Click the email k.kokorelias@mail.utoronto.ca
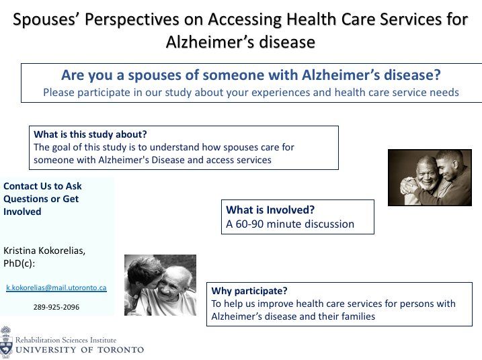tap(56, 287)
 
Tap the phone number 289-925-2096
tap(56, 307)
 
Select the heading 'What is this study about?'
tap(90, 134)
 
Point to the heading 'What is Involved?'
tap(270, 210)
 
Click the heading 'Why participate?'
tap(249, 291)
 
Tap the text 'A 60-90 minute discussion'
tap(290, 224)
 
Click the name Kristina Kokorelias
tap(44, 251)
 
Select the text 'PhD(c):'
tap(19, 263)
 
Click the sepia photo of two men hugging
tap(430, 177)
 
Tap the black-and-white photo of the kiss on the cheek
tap(160, 285)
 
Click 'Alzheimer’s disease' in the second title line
tap(241, 42)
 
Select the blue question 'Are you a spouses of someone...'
tap(251, 75)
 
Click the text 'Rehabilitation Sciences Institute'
tap(66, 341)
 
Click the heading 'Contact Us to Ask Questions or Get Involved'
tap(42, 199)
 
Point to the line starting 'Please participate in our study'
tap(251, 93)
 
